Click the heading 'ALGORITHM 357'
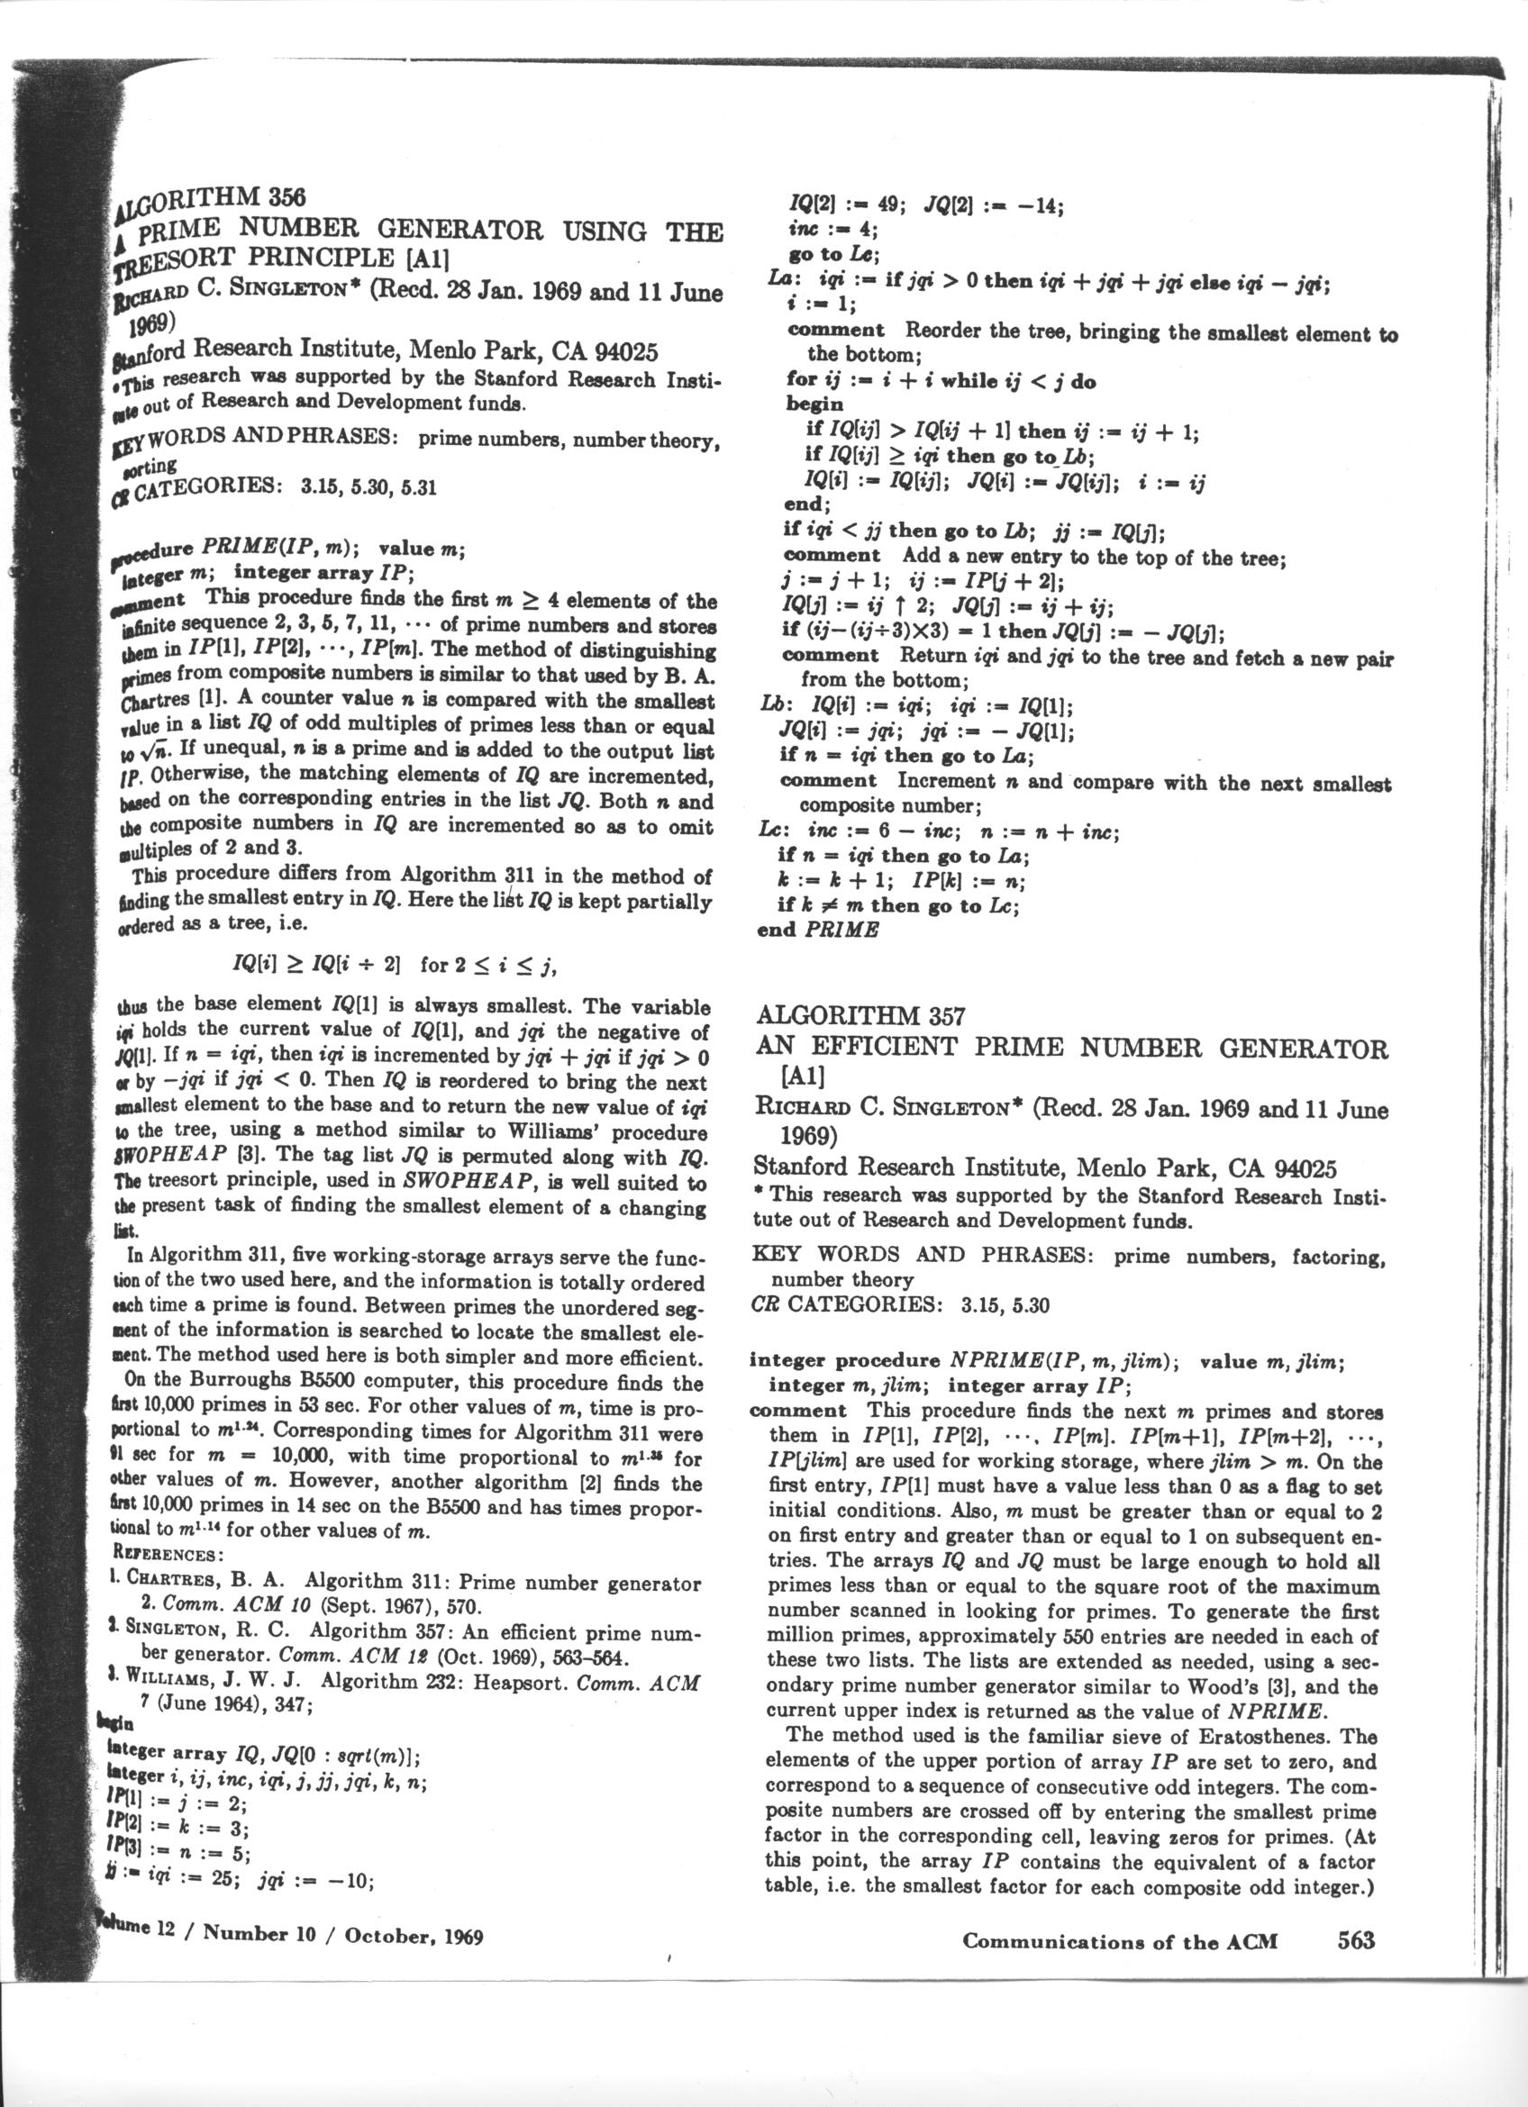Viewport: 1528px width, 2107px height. [x=861, y=1016]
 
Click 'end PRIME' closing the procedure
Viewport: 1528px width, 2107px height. [x=817, y=930]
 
